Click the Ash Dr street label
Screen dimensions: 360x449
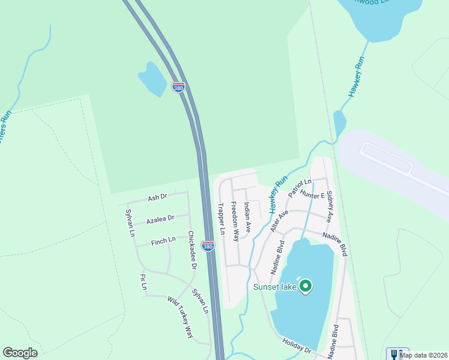pyautogui.click(x=157, y=197)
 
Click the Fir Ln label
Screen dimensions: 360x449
pyautogui.click(x=143, y=282)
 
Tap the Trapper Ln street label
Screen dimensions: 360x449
pyautogui.click(x=221, y=218)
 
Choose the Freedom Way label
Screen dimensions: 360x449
pyautogui.click(x=235, y=221)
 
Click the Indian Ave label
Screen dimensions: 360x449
pyautogui.click(x=247, y=216)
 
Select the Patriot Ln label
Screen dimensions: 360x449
pyautogui.click(x=300, y=188)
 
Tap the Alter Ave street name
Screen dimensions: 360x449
pyautogui.click(x=279, y=221)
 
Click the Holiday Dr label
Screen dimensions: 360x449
pyautogui.click(x=297, y=346)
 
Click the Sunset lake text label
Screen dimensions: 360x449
pyautogui.click(x=274, y=287)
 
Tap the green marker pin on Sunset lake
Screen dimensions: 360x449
pyautogui.click(x=306, y=286)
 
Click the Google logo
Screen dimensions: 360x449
pyautogui.click(x=20, y=353)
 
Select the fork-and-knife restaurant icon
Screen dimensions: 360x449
pyautogui.click(x=397, y=354)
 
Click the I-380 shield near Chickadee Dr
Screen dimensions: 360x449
pyautogui.click(x=208, y=246)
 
